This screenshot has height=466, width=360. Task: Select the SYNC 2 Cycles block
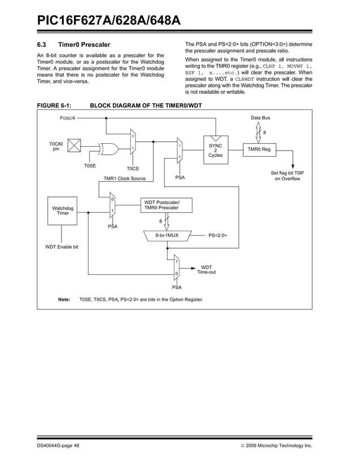tap(215, 150)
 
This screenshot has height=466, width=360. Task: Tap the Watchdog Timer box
tap(63, 210)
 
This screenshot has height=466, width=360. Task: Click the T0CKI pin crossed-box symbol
tap(75, 146)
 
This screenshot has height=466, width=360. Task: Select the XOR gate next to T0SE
tap(109, 149)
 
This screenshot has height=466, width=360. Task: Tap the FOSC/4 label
tap(68, 118)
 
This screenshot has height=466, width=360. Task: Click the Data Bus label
tap(260, 117)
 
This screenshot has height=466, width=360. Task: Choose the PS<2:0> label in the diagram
tap(221, 235)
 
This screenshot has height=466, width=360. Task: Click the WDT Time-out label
tap(207, 270)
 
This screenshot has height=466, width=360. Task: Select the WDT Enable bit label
tap(62, 247)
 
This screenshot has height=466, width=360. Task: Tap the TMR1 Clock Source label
tap(124, 178)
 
